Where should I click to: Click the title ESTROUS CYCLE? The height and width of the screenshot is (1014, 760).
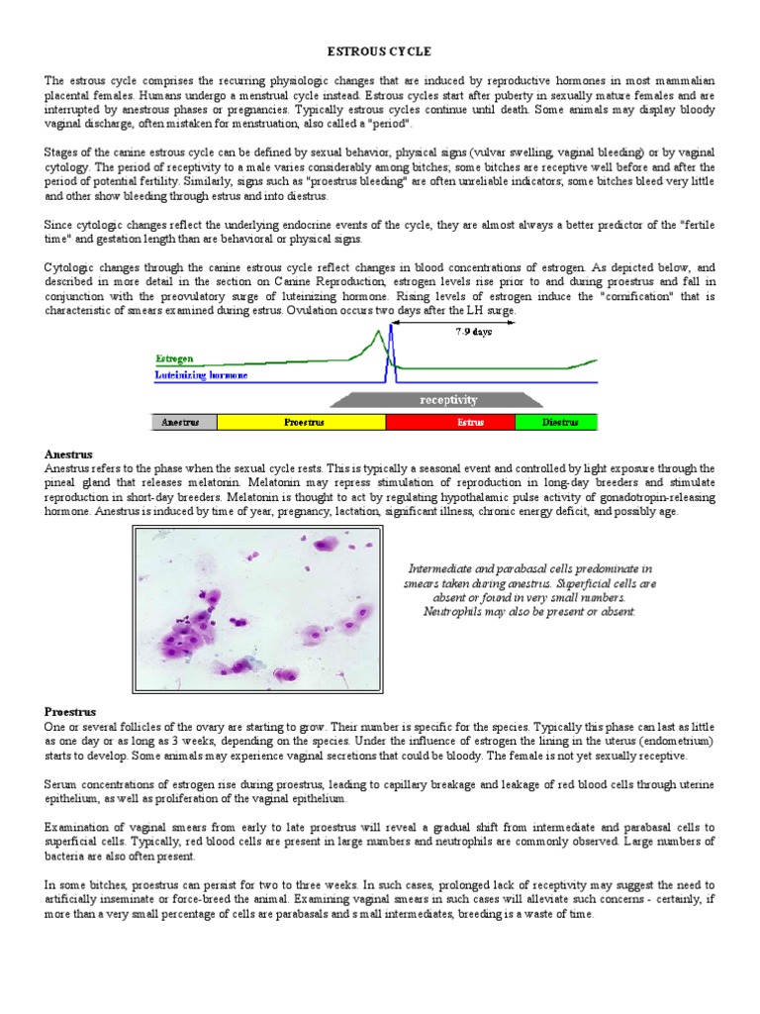380,51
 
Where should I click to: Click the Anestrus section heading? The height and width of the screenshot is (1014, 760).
68,454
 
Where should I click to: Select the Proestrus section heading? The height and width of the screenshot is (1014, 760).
70,711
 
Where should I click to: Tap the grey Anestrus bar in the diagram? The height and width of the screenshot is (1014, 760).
183,422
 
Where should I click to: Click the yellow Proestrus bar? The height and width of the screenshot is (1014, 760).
302,422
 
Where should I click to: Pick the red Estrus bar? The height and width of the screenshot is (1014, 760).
450,422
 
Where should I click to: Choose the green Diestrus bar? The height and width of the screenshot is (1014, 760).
557,422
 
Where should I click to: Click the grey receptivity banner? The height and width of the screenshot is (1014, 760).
435,400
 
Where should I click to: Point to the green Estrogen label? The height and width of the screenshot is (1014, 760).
175,358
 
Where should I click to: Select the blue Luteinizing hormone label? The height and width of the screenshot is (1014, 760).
202,375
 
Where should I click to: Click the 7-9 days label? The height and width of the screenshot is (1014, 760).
472,332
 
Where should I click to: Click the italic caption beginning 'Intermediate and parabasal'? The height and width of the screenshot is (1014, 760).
529,590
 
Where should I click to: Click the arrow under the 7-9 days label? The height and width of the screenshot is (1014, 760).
472,345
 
